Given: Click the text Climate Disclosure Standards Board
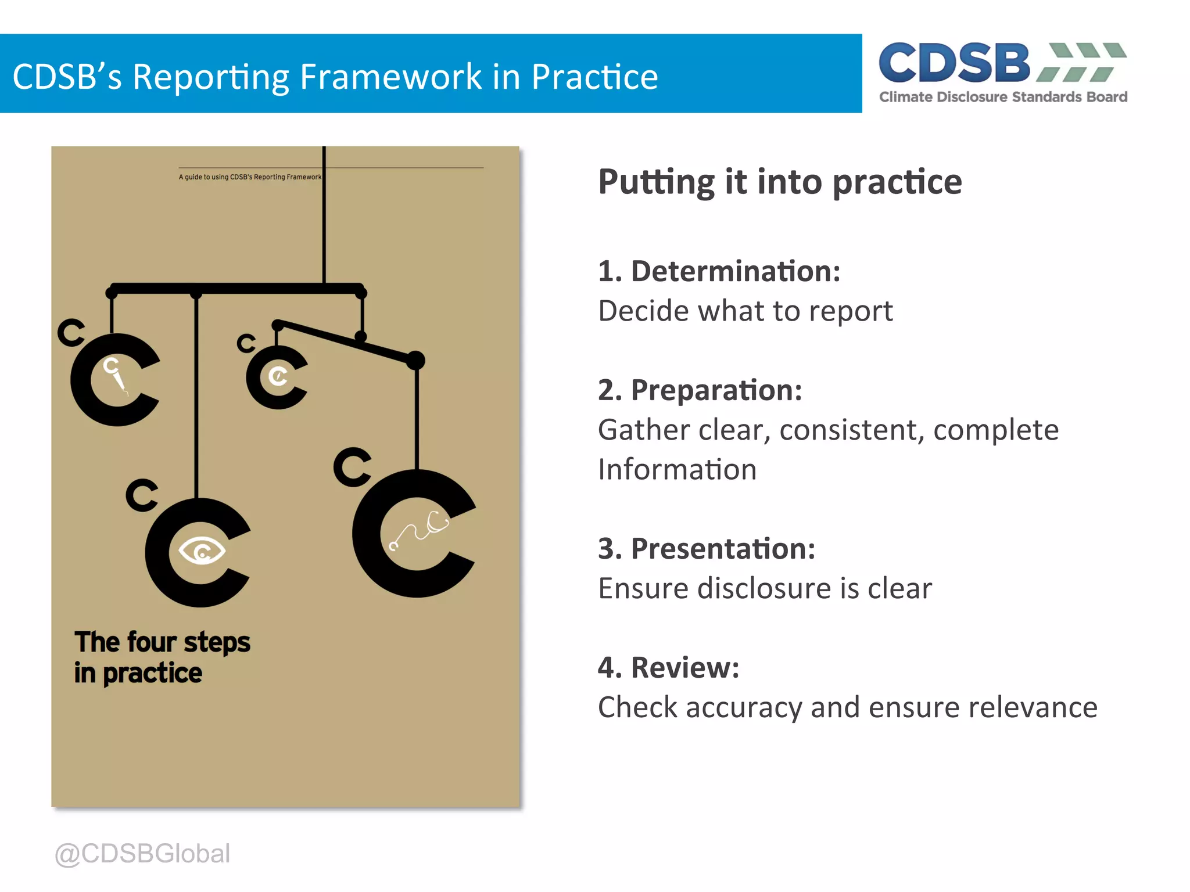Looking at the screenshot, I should tap(1003, 97).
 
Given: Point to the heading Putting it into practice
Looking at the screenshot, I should tap(780, 182).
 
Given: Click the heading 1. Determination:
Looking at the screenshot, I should tap(719, 272).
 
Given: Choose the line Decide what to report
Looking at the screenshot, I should tap(745, 311).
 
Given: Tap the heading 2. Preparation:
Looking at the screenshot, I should tap(700, 390).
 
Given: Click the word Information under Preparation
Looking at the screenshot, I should tap(677, 470).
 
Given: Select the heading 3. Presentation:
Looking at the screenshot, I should tap(707, 549).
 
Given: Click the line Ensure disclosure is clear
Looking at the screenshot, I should tap(765, 589).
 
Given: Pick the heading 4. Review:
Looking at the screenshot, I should tap(668, 668).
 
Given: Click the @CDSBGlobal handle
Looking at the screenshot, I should tap(142, 854).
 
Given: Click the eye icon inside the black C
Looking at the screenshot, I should tap(202, 551).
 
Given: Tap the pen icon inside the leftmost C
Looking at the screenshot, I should tap(116, 376).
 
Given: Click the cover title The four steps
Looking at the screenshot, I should tap(162, 642).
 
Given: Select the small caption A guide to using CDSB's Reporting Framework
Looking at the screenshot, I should tap(250, 177).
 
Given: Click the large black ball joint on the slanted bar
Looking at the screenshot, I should tap(415, 361).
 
